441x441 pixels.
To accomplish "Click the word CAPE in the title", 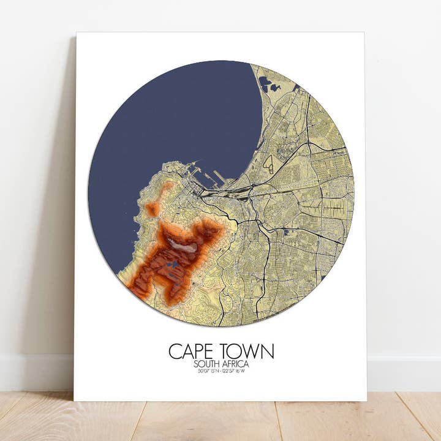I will coord(190,352).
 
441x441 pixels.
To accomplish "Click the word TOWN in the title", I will coord(247,352).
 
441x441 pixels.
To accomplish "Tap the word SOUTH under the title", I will coord(207,364).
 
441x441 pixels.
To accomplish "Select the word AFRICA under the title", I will coord(235,364).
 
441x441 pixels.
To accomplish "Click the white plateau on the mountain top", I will coord(184,247).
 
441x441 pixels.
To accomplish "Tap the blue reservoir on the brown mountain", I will coord(175,264).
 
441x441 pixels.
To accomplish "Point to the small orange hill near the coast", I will coord(153,209).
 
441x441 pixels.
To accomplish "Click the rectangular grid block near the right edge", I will coord(334,208).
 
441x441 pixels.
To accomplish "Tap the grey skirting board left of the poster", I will coord(37,371).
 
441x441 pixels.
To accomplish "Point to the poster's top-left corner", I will coord(77,32).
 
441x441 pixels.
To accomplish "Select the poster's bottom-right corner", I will coord(366,401).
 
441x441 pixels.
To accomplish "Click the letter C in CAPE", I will coord(175,352).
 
